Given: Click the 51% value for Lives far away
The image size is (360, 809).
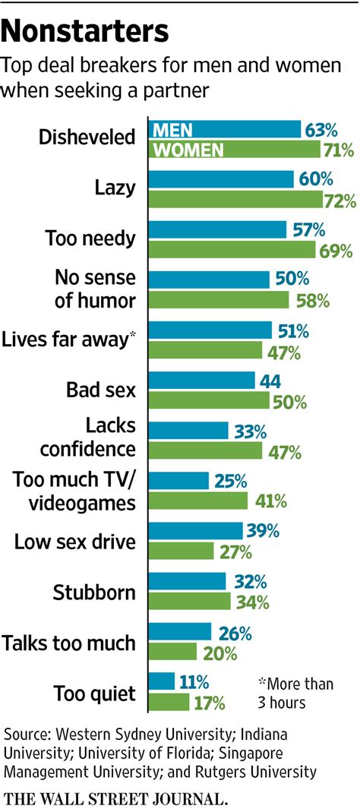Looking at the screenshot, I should point(292,330).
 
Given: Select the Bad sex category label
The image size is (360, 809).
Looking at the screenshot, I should point(101,390).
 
